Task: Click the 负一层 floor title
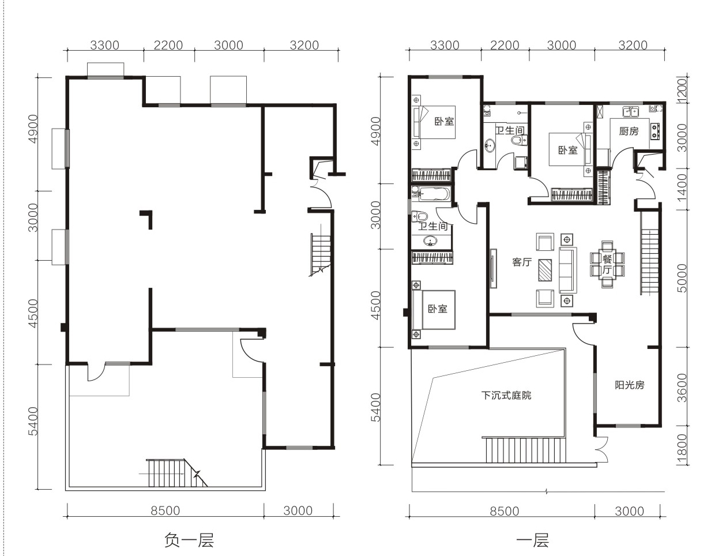coord(189,540)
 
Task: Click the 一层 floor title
coord(532,540)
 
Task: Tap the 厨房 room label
coord(629,132)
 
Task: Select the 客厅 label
coord(522,262)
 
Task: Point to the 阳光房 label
coord(630,385)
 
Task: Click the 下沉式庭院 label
coord(506,395)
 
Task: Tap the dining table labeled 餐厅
coord(607,265)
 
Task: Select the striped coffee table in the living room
coord(545,271)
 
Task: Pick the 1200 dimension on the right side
coord(682,90)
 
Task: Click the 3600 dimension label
coord(682,388)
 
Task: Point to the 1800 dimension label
coord(682,446)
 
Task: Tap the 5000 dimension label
coord(682,279)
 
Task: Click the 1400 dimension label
coord(682,187)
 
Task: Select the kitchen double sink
coord(631,111)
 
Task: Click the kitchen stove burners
coord(654,131)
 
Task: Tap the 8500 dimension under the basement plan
coord(165,510)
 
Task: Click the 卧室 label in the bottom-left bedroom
coord(438,309)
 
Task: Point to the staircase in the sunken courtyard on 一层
coord(525,450)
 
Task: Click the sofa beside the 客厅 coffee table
coord(567,271)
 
